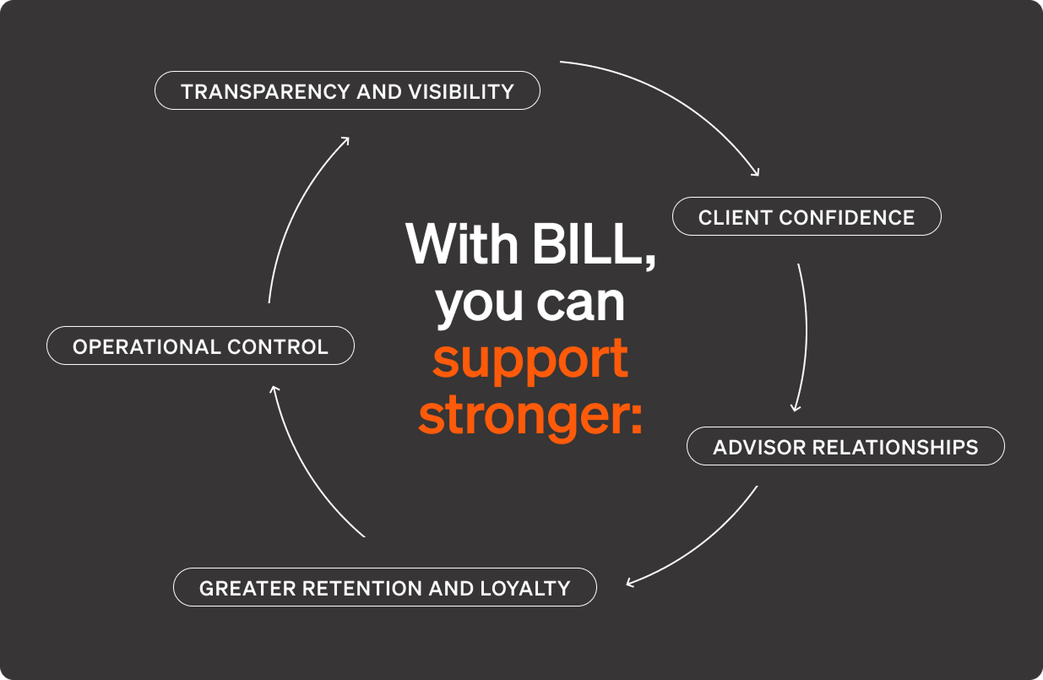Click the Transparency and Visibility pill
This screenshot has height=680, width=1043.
point(347,90)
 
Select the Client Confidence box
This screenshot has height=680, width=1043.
point(806,216)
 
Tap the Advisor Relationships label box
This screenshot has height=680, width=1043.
point(845,446)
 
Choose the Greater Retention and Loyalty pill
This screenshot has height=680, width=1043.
point(384,587)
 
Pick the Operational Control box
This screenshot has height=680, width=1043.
point(200,345)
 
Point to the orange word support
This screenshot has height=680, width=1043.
point(530,358)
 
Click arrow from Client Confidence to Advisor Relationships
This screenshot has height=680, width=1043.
point(804,338)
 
